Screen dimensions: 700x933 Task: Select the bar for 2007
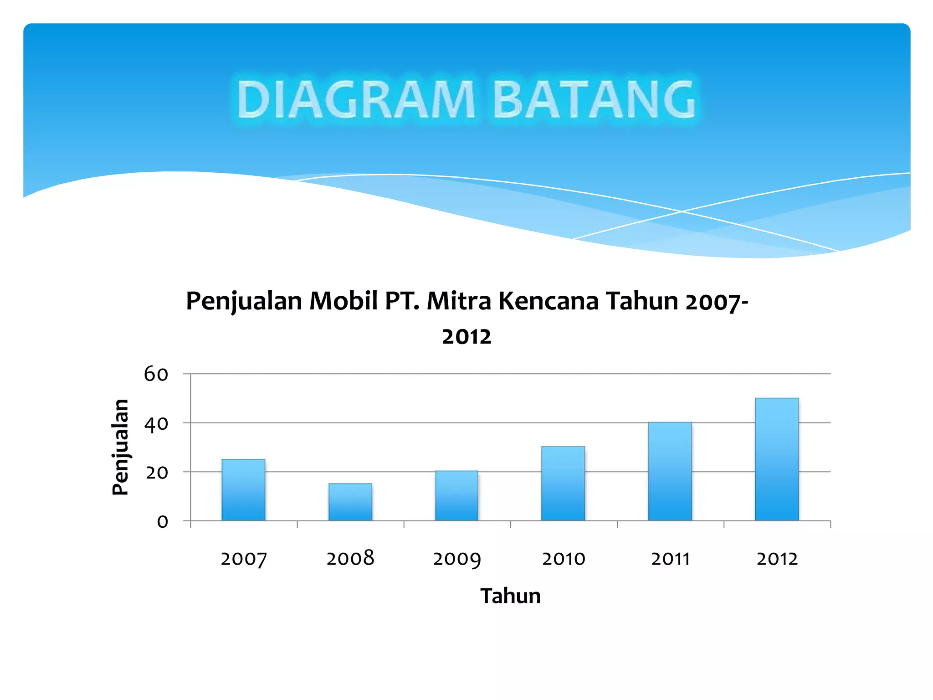[x=243, y=490]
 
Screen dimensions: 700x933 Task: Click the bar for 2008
[x=350, y=502]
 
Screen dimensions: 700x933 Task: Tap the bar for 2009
[x=456, y=496]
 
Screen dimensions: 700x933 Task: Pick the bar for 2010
[x=563, y=484]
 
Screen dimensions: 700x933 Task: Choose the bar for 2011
[x=670, y=471]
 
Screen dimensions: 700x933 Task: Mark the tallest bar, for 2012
[x=777, y=459]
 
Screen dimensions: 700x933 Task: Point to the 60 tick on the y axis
[x=156, y=374]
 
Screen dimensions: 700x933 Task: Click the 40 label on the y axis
[x=156, y=424]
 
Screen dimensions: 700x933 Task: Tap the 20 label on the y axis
[x=157, y=473]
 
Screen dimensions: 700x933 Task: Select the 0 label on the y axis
[x=163, y=522]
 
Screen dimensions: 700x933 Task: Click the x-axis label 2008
[x=350, y=558]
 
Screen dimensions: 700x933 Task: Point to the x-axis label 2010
[x=564, y=559]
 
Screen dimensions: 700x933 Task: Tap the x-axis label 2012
[x=777, y=559]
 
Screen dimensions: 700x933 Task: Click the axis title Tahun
[x=510, y=596]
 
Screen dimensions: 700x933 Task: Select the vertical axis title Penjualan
[x=121, y=447]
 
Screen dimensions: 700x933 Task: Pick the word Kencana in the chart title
[x=549, y=301]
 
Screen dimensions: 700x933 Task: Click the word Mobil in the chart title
[x=344, y=301]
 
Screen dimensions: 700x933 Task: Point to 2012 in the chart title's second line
[x=466, y=337]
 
